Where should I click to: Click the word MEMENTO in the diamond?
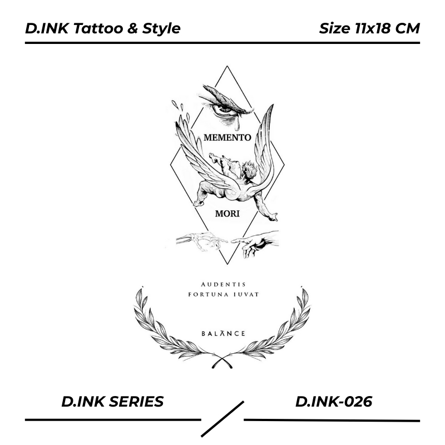pyautogui.click(x=228, y=137)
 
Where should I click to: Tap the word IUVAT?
pyautogui.click(x=247, y=294)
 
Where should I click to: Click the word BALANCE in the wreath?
pyautogui.click(x=223, y=334)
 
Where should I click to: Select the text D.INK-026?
pyautogui.click(x=333, y=401)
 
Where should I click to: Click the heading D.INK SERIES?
pyautogui.click(x=112, y=401)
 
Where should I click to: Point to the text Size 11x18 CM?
pyautogui.click(x=369, y=28)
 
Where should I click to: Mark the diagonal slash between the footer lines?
pyautogui.click(x=222, y=418)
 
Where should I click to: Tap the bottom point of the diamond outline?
pyautogui.click(x=226, y=264)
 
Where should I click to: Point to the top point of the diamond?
pyautogui.click(x=226, y=66)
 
